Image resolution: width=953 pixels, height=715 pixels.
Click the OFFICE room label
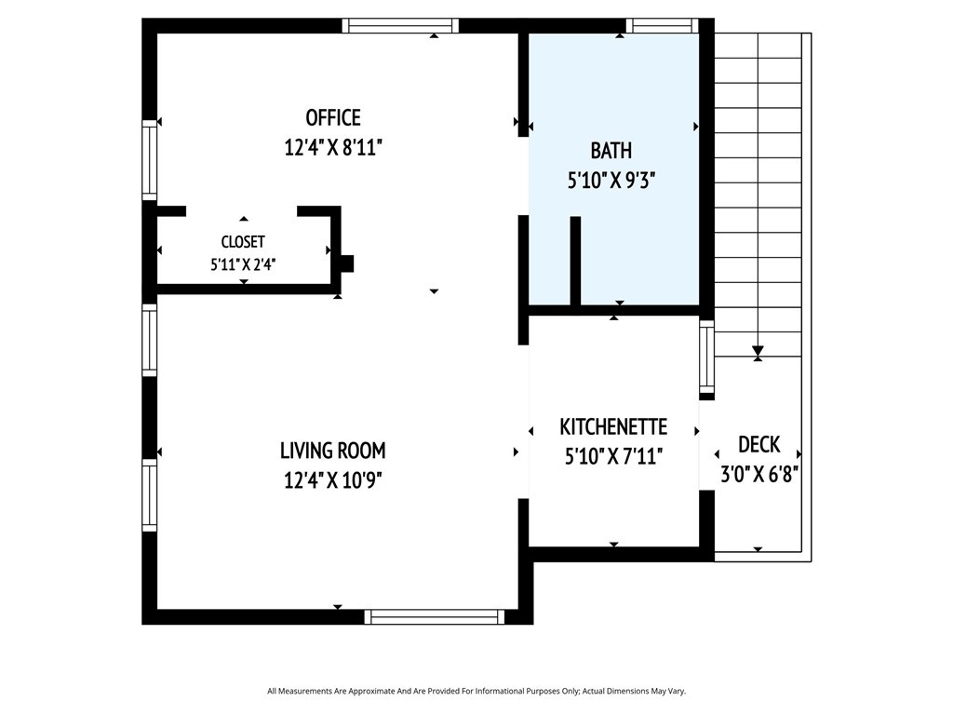point(333,117)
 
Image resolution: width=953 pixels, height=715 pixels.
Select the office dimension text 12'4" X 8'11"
point(333,148)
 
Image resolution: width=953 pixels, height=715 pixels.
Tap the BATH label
point(611,150)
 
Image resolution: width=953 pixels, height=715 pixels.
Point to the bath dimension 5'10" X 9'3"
point(611,181)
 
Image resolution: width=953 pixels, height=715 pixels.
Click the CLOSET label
point(243,242)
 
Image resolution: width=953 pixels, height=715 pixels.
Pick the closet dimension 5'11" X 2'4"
point(243,264)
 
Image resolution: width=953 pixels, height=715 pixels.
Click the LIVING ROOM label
point(333,451)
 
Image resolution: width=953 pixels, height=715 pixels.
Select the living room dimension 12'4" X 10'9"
point(333,481)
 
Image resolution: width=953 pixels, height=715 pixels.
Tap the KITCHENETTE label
point(613,426)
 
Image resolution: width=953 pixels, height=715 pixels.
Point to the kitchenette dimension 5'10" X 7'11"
point(613,456)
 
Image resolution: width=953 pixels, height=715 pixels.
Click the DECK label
point(759,444)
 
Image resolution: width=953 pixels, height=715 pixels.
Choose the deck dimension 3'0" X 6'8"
point(759,474)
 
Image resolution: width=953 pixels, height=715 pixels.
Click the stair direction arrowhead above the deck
point(758,351)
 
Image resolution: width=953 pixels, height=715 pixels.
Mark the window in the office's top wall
point(400,25)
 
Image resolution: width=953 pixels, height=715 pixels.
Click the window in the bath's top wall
point(662,25)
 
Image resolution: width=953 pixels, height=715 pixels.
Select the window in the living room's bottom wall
point(435,616)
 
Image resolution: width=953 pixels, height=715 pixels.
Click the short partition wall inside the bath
point(575,261)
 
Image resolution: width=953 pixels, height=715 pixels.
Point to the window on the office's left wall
point(150,160)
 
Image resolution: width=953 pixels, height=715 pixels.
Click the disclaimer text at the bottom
point(476,691)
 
